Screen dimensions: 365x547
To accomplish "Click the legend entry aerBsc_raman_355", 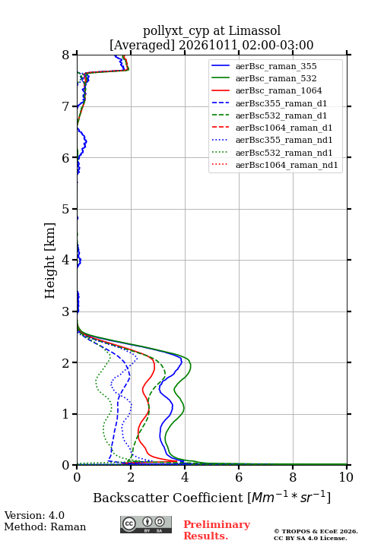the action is click(x=276, y=66).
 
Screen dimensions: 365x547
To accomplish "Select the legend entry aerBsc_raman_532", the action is click(x=276, y=78).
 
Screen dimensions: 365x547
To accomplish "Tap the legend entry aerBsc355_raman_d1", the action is click(x=281, y=103).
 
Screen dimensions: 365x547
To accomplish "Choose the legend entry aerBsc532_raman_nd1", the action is click(x=284, y=153).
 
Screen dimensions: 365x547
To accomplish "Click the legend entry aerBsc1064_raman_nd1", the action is click(x=287, y=165).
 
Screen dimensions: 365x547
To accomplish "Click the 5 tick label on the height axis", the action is click(x=65, y=209).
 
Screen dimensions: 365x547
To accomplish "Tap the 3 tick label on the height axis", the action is click(x=65, y=311).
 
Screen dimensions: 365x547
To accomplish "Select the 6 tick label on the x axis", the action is click(x=239, y=477).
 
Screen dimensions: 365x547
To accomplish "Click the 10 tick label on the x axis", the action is click(x=346, y=477).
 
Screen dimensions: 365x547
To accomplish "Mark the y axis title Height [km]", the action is click(x=50, y=261).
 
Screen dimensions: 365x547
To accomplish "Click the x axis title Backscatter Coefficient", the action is click(x=168, y=498).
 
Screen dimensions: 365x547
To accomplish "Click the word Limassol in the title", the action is click(x=255, y=31).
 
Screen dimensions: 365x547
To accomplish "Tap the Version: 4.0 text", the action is click(x=34, y=515).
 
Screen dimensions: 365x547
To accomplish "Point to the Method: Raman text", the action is click(x=45, y=526).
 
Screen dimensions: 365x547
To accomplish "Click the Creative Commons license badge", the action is click(x=146, y=524).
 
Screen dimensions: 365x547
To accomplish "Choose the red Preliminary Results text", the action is click(x=217, y=530).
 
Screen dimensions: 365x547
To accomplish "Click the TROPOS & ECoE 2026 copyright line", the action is click(x=316, y=531).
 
